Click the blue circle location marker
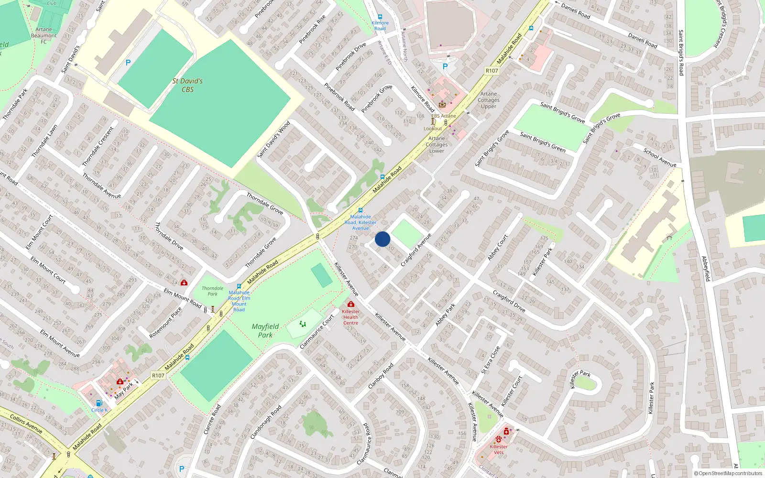[x=382, y=239]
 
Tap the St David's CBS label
[x=187, y=85]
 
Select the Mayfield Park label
[x=265, y=330]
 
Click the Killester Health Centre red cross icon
[x=350, y=304]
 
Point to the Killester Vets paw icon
[x=499, y=439]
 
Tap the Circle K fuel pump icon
[x=99, y=403]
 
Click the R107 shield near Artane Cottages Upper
[x=492, y=71]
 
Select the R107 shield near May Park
[x=158, y=376]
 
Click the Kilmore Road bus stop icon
[x=380, y=17]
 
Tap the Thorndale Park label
[x=212, y=291]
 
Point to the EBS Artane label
[x=444, y=116]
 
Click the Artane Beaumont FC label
[x=44, y=35]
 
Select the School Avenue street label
[x=660, y=158]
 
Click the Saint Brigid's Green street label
[x=543, y=142]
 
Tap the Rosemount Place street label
[x=165, y=323]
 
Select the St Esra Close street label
[x=491, y=360]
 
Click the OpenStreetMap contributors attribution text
[x=729, y=474]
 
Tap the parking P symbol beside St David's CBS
[x=128, y=63]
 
